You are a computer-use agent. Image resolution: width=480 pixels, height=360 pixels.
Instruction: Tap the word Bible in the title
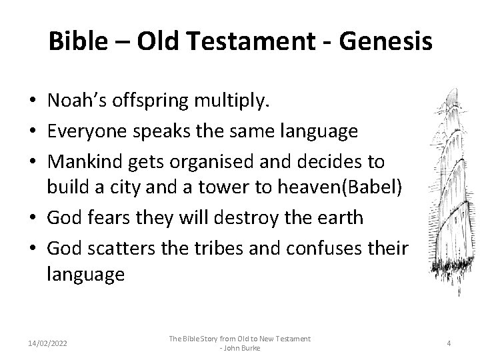[x=75, y=41]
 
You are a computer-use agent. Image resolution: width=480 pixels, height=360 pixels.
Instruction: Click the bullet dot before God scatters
[x=32, y=248]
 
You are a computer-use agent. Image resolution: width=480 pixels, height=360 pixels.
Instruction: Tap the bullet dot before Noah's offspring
[x=32, y=101]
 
